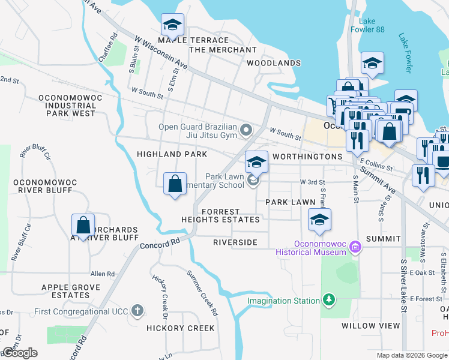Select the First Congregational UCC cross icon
pyautogui.click(x=137, y=310)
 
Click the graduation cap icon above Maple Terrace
pyautogui.click(x=172, y=25)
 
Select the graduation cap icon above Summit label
pyautogui.click(x=319, y=220)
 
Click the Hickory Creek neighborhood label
pyautogui.click(x=180, y=328)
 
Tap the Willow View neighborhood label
pyautogui.click(x=370, y=326)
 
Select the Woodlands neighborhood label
pyautogui.click(x=274, y=63)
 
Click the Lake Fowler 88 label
pyautogui.click(x=368, y=25)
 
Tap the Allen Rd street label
pyautogui.click(x=102, y=274)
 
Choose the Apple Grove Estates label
pyautogui.click(x=70, y=291)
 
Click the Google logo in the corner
pyautogui.click(x=20, y=353)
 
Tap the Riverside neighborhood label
pyautogui.click(x=235, y=242)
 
